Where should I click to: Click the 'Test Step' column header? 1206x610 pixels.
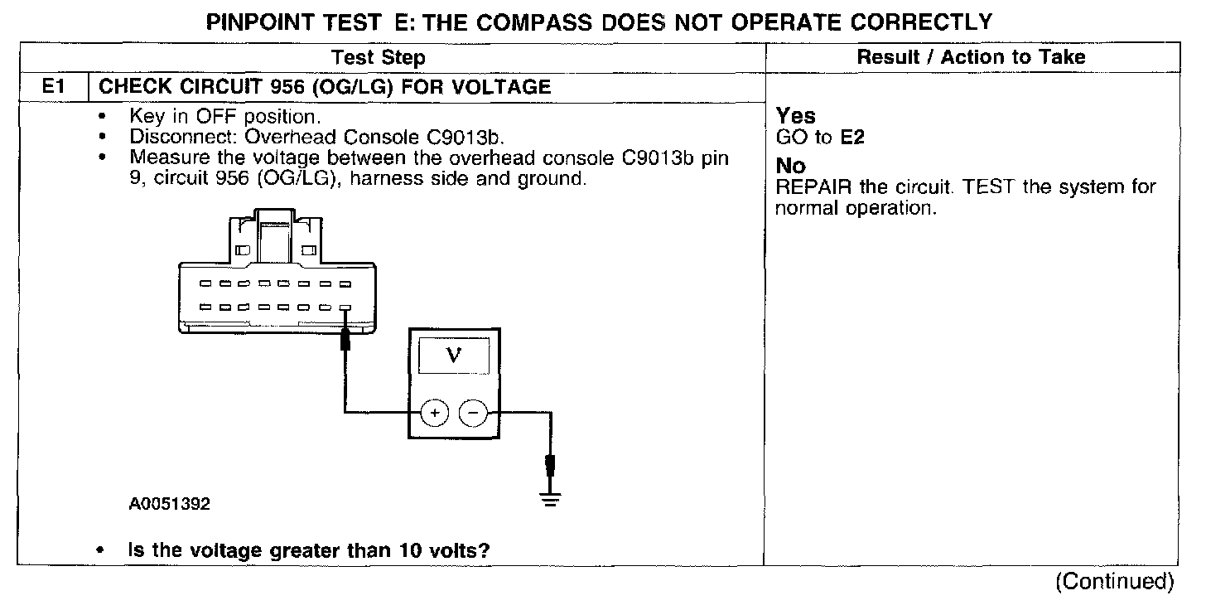pos(378,57)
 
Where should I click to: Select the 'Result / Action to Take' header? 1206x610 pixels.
pos(971,57)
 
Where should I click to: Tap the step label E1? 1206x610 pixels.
pos(51,85)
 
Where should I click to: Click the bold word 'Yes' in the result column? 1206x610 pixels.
pos(796,117)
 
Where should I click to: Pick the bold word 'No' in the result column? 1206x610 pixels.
pos(791,167)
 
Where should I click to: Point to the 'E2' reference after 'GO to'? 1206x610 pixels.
pos(852,138)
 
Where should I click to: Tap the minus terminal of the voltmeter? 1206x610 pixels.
pos(473,412)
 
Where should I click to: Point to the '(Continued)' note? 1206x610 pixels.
pos(1114,582)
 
